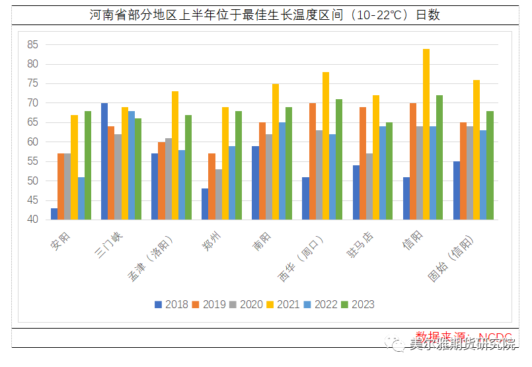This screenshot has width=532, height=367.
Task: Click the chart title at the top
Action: coord(265,15)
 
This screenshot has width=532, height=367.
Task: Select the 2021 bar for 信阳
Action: coord(426,134)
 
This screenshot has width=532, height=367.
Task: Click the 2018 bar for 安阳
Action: coord(54,214)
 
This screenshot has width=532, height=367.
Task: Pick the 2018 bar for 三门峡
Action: coord(104,161)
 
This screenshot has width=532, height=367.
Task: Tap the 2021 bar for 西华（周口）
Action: coord(326,145)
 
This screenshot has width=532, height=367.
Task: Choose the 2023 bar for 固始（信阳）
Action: coord(490,165)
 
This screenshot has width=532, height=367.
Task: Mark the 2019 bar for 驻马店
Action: coord(363,163)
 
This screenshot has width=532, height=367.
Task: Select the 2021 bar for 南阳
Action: coord(276,151)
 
